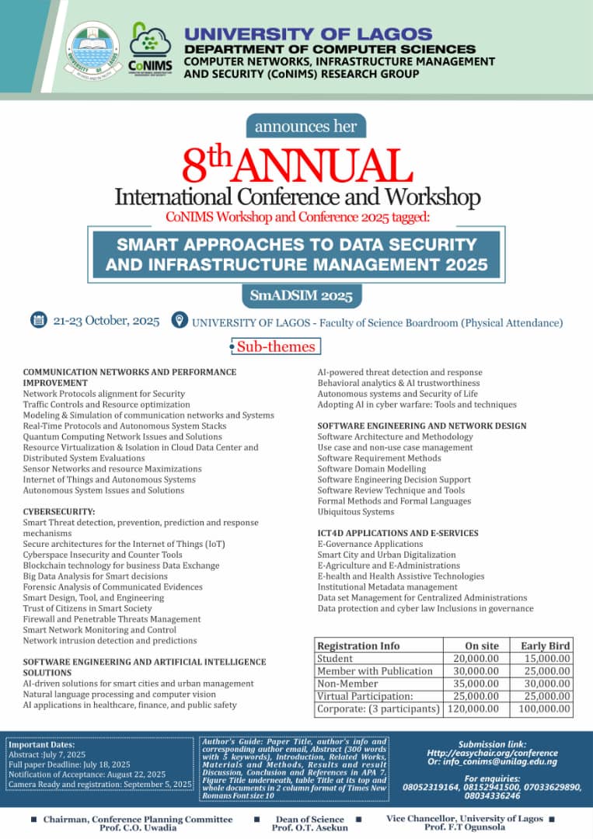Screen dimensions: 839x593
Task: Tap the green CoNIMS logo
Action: click(x=150, y=47)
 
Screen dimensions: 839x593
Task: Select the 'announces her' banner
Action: click(x=305, y=126)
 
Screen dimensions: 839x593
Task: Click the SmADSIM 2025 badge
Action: click(x=301, y=296)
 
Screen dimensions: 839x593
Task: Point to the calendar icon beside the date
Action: click(x=38, y=320)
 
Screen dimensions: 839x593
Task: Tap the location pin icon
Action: click(x=179, y=321)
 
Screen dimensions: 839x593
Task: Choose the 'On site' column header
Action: click(x=482, y=646)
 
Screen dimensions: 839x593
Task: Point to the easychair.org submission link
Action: click(x=492, y=753)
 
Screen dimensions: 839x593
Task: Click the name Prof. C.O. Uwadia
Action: click(x=137, y=829)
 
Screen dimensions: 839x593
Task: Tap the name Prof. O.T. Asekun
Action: click(x=309, y=829)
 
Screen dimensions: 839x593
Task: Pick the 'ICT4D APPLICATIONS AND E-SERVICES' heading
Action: click(x=397, y=533)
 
